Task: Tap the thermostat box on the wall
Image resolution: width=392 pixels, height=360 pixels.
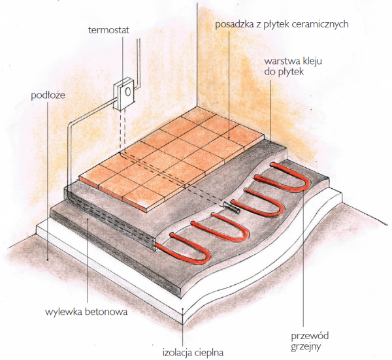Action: (x=122, y=95)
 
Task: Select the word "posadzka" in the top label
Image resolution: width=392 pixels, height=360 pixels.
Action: (x=234, y=24)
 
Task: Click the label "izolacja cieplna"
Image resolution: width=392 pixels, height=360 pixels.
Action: (x=193, y=352)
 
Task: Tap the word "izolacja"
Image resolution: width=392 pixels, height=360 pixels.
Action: (x=176, y=352)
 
